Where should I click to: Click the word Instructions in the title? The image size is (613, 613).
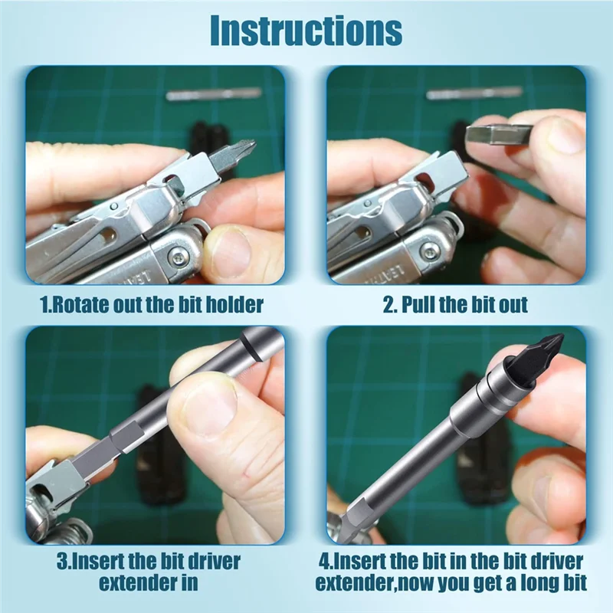306,31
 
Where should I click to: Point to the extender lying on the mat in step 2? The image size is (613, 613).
474,93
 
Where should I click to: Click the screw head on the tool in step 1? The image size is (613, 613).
177,258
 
